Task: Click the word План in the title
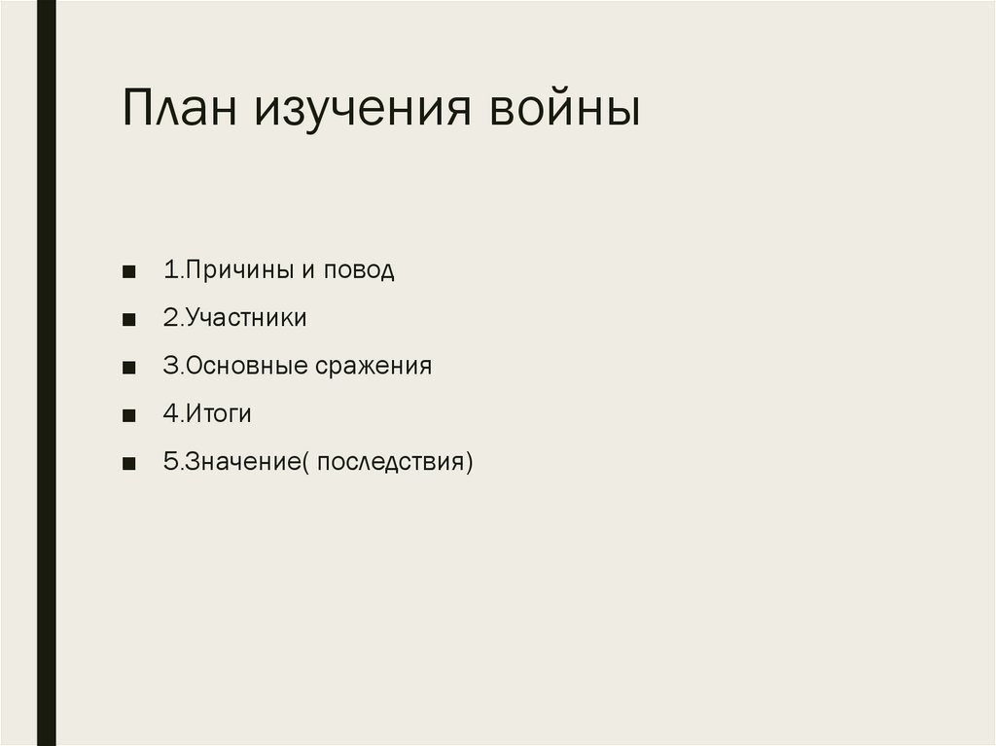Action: pyautogui.click(x=182, y=110)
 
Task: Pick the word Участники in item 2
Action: pyautogui.click(x=246, y=318)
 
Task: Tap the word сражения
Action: pyautogui.click(x=373, y=367)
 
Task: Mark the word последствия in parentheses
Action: pyautogui.click(x=390, y=461)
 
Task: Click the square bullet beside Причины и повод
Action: pyautogui.click(x=129, y=271)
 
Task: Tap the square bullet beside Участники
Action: pyautogui.click(x=129, y=319)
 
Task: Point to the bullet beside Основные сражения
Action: pyautogui.click(x=129, y=367)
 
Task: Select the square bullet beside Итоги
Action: pyautogui.click(x=129, y=414)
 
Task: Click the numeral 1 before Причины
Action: pyautogui.click(x=169, y=270)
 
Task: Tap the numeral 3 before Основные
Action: pyautogui.click(x=169, y=366)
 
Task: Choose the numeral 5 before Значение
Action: pyautogui.click(x=169, y=461)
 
